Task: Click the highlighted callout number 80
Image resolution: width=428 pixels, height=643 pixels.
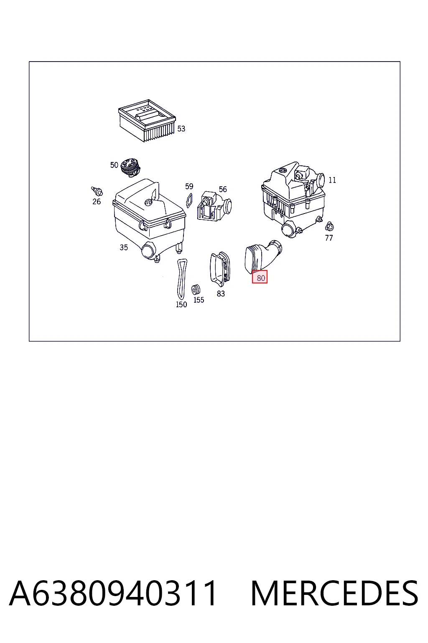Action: (x=260, y=278)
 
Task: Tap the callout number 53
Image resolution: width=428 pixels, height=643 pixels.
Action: (x=181, y=129)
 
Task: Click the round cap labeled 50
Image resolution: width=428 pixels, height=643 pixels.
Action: (x=130, y=167)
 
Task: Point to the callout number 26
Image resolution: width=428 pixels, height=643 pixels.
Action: (x=97, y=201)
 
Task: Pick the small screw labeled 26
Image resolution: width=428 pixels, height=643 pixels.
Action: (x=97, y=191)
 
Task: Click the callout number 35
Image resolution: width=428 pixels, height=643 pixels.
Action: (x=124, y=247)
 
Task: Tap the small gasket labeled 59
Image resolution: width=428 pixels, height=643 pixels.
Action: (x=189, y=200)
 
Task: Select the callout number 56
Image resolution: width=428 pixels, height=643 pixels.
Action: (x=223, y=189)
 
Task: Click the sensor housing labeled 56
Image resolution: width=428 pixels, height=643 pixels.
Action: (x=214, y=206)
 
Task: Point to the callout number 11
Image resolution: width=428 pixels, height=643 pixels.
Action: (x=332, y=180)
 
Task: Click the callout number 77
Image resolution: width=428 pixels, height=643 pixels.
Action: (x=329, y=238)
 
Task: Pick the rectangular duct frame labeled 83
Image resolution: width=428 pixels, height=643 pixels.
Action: (x=220, y=269)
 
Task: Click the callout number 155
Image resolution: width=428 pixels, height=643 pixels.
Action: (x=199, y=300)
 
